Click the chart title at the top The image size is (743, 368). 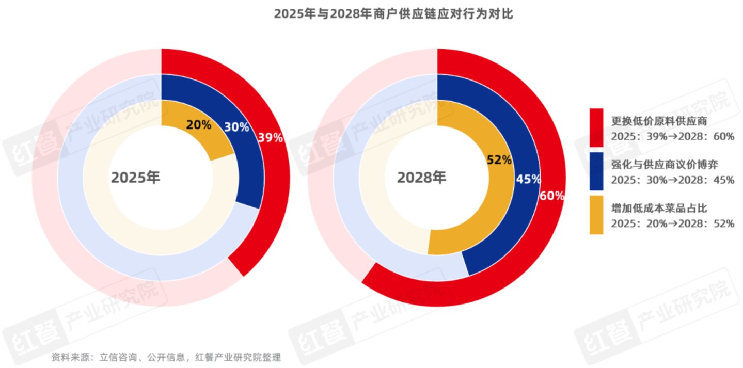[x=393, y=14]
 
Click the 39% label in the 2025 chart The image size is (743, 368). [x=271, y=138]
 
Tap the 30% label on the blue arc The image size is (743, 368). [x=236, y=127]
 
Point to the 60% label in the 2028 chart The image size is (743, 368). [x=552, y=196]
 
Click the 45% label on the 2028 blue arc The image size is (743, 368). [x=528, y=179]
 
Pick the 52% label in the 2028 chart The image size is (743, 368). [x=499, y=160]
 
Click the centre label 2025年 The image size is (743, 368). [x=136, y=178]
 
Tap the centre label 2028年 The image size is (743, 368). [x=421, y=178]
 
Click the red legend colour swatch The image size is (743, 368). [x=596, y=127]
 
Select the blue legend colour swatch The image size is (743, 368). [x=596, y=171]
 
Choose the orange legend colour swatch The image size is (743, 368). [x=596, y=215]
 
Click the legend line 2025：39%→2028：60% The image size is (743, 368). [x=672, y=136]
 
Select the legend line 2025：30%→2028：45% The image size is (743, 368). [x=672, y=180]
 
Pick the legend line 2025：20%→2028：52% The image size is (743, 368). [x=672, y=223]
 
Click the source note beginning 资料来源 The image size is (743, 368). [x=166, y=357]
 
